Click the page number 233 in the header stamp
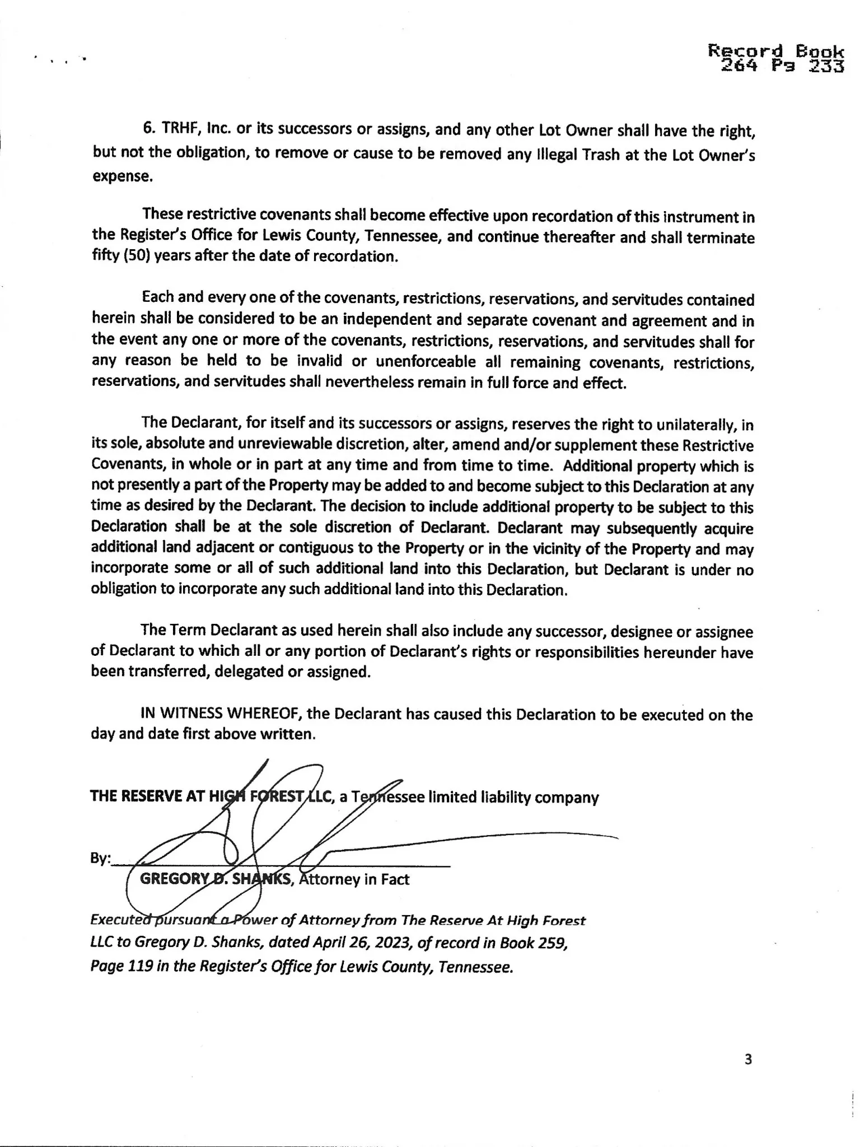(x=826, y=67)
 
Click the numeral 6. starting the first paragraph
(x=148, y=128)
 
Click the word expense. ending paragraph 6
(x=122, y=176)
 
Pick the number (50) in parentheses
(x=135, y=257)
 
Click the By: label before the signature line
(x=101, y=859)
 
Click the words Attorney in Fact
(x=354, y=879)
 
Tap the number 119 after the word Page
(x=140, y=966)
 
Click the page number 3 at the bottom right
(x=749, y=1060)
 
